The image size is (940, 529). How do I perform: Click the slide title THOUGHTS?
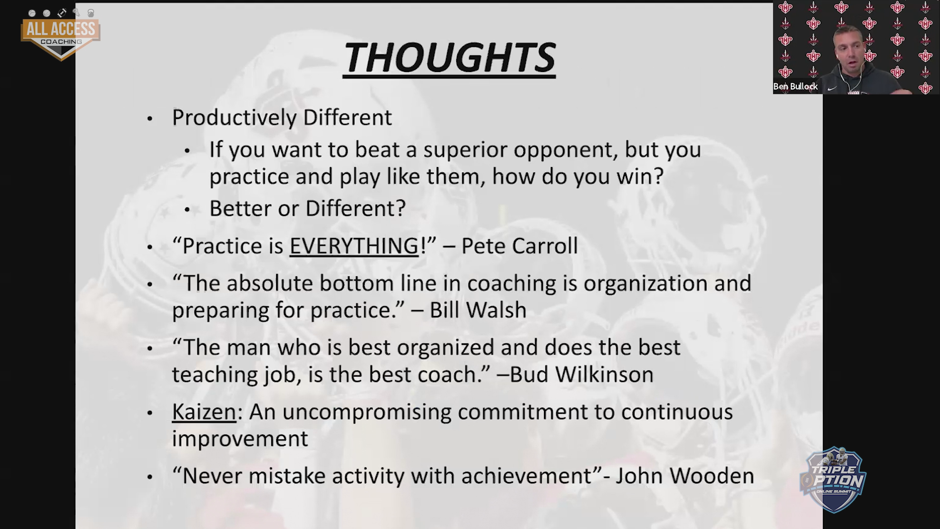click(449, 58)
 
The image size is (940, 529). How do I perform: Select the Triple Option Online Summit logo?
click(833, 480)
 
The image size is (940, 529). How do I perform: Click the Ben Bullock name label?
click(796, 87)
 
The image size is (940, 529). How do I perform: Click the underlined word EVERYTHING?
click(354, 246)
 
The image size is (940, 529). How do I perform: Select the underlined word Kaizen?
click(204, 412)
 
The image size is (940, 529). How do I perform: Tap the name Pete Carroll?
click(519, 246)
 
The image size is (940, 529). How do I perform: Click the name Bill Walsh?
click(478, 310)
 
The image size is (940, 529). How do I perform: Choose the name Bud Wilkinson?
click(582, 375)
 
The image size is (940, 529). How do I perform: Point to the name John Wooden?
click(684, 476)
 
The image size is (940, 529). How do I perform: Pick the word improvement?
click(240, 439)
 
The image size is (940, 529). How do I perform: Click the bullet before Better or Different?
click(187, 210)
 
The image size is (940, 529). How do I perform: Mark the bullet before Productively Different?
click(150, 119)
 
